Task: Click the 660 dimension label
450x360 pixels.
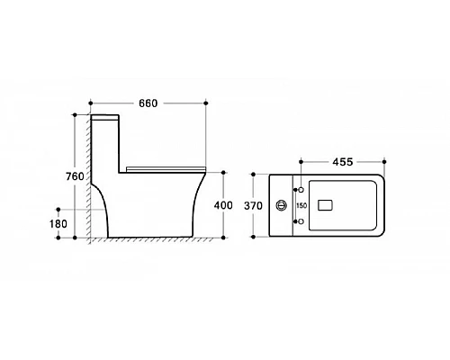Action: click(x=148, y=103)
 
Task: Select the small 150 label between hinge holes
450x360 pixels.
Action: click(x=301, y=206)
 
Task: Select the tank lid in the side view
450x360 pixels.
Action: click(x=104, y=118)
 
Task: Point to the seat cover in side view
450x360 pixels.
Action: click(x=167, y=168)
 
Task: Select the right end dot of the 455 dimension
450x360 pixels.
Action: click(x=384, y=164)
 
